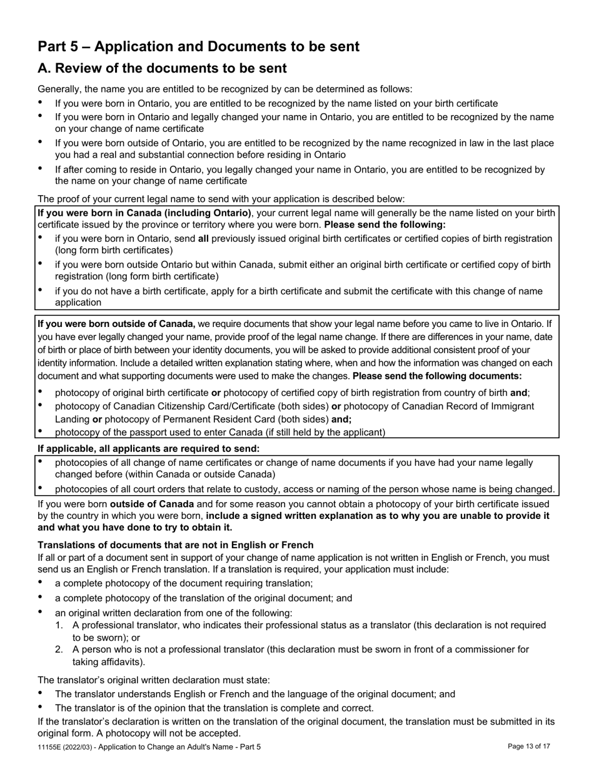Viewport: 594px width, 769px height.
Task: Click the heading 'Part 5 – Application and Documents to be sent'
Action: pyautogui.click(x=198, y=47)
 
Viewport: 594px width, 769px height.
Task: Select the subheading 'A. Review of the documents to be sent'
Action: pyautogui.click(x=162, y=69)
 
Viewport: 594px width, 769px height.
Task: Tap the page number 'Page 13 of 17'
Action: pyautogui.click(x=528, y=746)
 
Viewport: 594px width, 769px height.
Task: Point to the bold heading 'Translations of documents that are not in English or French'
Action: pyautogui.click(x=176, y=545)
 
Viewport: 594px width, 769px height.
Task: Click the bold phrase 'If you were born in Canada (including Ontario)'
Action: pyautogui.click(x=144, y=213)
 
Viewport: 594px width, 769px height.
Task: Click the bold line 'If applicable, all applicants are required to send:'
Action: pyautogui.click(x=148, y=448)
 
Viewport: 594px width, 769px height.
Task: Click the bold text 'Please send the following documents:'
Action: pyautogui.click(x=437, y=376)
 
